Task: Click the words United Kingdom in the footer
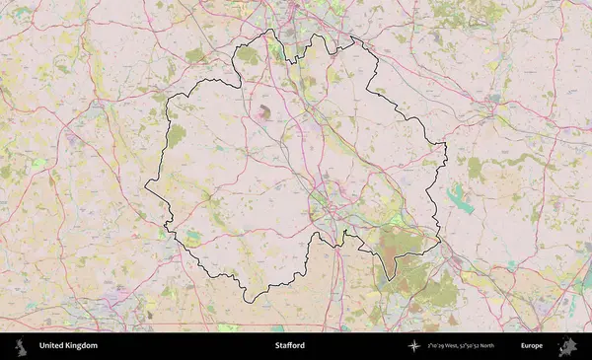(x=68, y=346)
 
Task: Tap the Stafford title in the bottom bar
(x=290, y=346)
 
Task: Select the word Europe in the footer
(x=532, y=346)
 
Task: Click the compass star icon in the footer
(x=415, y=346)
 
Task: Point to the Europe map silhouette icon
(x=566, y=346)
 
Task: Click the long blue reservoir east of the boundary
(x=459, y=200)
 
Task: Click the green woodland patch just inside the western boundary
(x=177, y=136)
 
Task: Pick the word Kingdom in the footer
(x=82, y=346)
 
